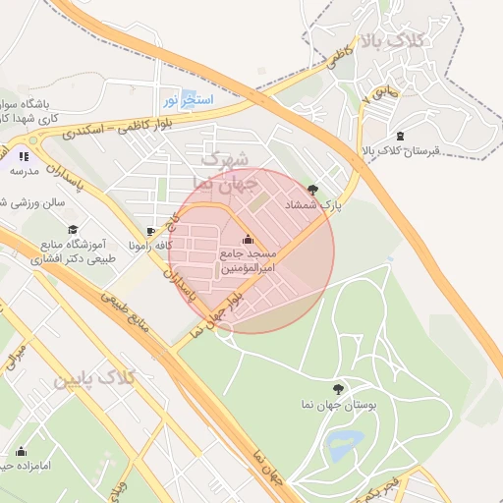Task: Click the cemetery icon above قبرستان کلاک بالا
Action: coord(399,136)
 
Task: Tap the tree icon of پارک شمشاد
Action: coord(313,189)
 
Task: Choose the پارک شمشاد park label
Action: coord(319,204)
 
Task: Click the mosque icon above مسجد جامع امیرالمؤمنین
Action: coord(247,240)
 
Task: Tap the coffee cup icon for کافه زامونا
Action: coord(134,245)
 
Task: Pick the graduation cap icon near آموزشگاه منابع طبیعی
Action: coord(72,229)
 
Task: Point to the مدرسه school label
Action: coord(24,171)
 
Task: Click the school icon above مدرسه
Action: coord(24,155)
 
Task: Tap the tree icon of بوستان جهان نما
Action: coord(338,389)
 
